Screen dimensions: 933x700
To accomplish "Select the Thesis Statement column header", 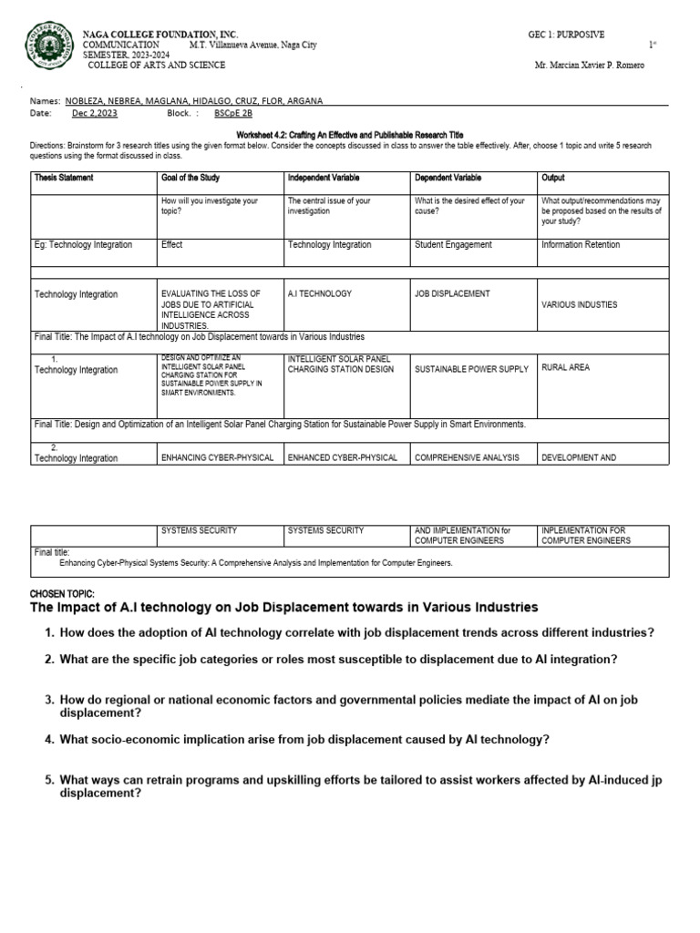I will (64, 178).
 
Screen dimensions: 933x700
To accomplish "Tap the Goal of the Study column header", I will (190, 178).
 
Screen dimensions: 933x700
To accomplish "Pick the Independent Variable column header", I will (323, 178).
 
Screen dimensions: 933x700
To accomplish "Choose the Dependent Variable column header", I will (448, 178).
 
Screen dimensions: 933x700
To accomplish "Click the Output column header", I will (553, 178).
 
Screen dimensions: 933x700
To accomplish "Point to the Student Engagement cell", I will (453, 244).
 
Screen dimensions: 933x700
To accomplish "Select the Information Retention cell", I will (581, 244).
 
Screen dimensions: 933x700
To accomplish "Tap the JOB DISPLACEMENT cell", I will (452, 294).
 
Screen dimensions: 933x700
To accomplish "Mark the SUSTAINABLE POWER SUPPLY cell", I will (471, 369).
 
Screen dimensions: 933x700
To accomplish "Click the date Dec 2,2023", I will (95, 114).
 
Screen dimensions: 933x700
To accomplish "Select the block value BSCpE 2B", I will (233, 114).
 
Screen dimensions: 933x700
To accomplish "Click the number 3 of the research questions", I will (50, 700).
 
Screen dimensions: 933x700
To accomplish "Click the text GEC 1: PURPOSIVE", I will (566, 35).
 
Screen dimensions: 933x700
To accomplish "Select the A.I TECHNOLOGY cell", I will (320, 294).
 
